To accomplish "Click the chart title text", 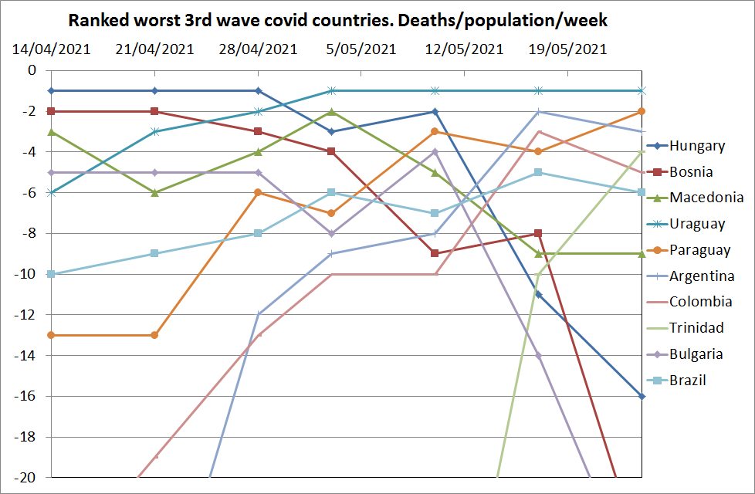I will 337,19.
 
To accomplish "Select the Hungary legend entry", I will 696,146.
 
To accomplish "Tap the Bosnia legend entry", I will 691,172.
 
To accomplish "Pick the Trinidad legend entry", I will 696,328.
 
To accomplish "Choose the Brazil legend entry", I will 687,381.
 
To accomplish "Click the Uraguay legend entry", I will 697,225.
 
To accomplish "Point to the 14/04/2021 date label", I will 51,50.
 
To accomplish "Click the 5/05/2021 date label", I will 361,50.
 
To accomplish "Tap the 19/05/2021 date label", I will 567,50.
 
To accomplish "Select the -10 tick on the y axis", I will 26,274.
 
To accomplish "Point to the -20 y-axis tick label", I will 26,478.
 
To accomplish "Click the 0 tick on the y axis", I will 32,70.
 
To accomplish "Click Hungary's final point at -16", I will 642,396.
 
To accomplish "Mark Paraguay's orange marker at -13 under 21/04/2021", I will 154,335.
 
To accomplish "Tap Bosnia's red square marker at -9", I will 435,253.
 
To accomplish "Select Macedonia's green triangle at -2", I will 331,111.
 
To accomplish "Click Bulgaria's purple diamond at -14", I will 538,355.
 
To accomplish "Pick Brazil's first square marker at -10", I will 51,274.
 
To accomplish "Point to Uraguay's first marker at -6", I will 51,192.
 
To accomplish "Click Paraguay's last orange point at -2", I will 642,111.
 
